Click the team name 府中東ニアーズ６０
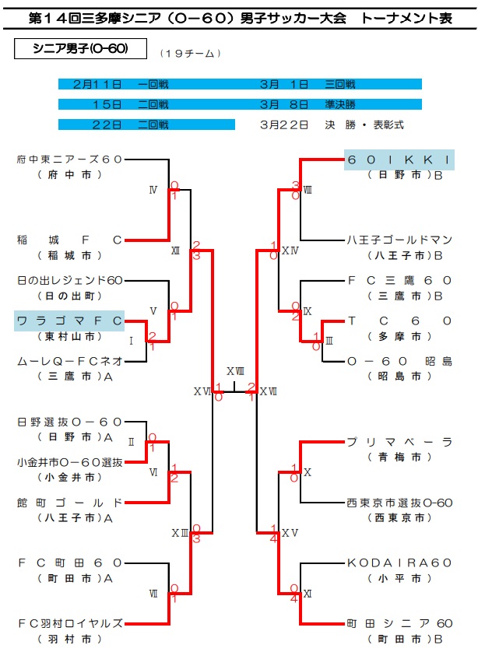(69, 159)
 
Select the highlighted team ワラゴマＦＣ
(69, 321)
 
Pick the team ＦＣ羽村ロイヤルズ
(69, 623)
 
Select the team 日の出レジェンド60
(69, 280)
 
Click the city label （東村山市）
(69, 336)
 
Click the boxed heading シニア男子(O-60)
(80, 49)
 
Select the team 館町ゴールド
(69, 502)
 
